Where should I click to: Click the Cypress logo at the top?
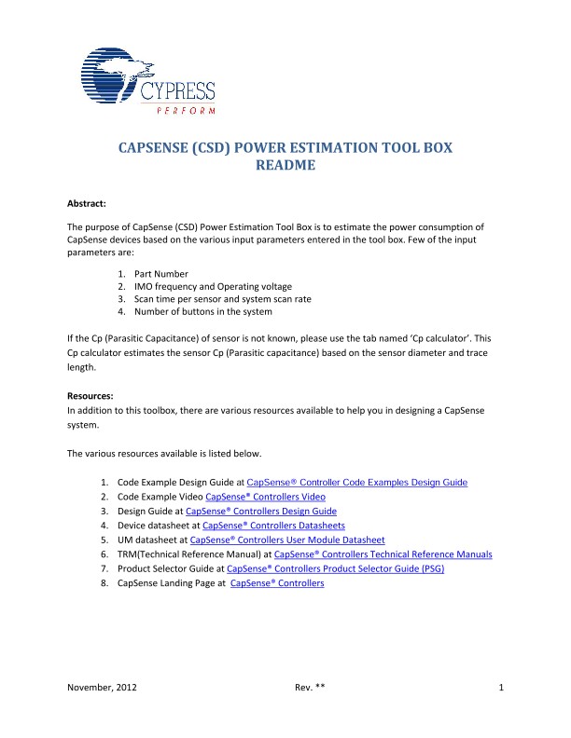(x=144, y=83)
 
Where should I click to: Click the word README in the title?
(x=285, y=167)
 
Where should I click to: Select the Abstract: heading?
(x=92, y=202)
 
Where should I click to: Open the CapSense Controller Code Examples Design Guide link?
(x=357, y=483)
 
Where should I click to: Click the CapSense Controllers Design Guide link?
(x=261, y=512)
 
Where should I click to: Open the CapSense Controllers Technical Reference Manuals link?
(x=383, y=554)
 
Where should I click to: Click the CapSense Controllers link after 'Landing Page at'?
(x=277, y=583)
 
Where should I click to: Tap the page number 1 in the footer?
(x=501, y=689)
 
